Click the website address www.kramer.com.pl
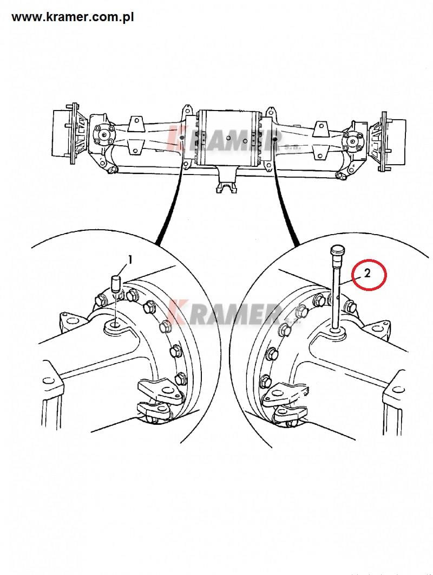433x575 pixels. click(x=73, y=17)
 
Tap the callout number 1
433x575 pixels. click(x=129, y=260)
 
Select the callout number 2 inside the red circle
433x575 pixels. click(x=368, y=273)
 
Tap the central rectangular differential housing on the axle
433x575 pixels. click(x=228, y=138)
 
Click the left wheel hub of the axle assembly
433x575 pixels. click(x=66, y=133)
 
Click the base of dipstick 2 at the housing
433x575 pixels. click(x=335, y=332)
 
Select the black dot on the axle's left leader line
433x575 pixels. click(x=182, y=138)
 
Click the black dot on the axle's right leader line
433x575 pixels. click(x=275, y=139)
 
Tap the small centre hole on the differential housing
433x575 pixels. click(x=228, y=138)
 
